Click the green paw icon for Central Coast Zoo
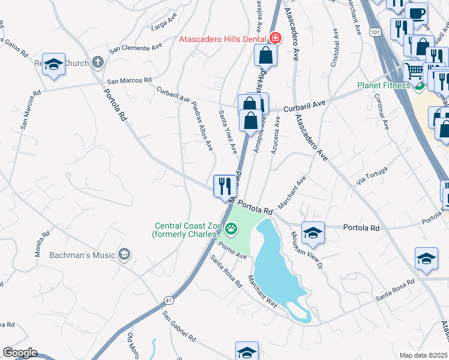point(232,229)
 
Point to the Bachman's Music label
point(82,255)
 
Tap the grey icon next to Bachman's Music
point(124,255)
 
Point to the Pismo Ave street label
point(233,249)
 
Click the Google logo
point(20,353)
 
